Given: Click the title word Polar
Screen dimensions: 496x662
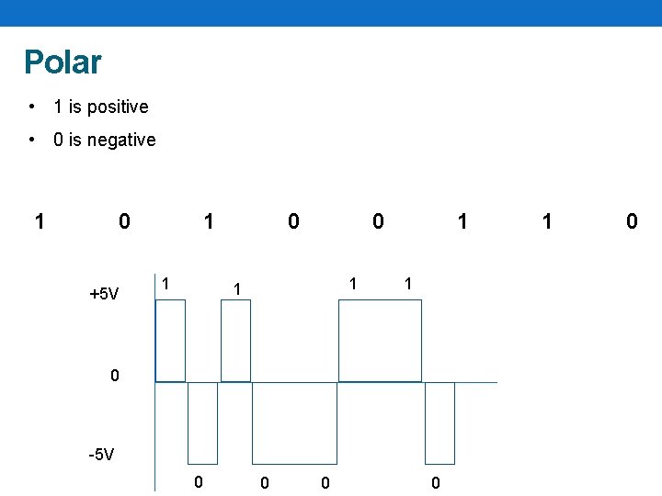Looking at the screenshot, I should [63, 62].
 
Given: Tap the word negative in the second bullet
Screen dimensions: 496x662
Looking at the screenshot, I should [122, 140].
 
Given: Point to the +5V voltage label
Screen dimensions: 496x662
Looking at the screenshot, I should [104, 294].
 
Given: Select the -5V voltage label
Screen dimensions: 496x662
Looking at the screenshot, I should [100, 454].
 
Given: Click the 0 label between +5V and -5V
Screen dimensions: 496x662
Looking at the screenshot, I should [114, 375].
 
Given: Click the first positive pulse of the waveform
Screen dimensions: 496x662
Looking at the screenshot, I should [170, 340].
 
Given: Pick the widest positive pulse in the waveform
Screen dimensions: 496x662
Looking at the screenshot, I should [380, 340].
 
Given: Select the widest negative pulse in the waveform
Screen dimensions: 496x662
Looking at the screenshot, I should [294, 423].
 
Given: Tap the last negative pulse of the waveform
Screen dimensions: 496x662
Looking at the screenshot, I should [439, 423].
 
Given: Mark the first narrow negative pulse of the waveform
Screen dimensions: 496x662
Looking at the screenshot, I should [202, 423].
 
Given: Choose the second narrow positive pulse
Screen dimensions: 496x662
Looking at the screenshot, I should [235, 340].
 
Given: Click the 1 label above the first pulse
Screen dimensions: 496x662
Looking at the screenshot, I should [165, 283].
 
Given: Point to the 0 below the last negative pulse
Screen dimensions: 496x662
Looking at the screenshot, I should [436, 483].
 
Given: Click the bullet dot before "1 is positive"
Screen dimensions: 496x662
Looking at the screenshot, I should [32, 107].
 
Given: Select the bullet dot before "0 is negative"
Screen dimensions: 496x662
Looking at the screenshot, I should [32, 140].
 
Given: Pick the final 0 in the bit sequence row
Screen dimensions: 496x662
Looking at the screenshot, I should [631, 221].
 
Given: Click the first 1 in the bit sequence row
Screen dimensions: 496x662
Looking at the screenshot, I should [39, 221].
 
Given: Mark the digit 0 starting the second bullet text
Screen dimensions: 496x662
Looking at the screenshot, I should [59, 140].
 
